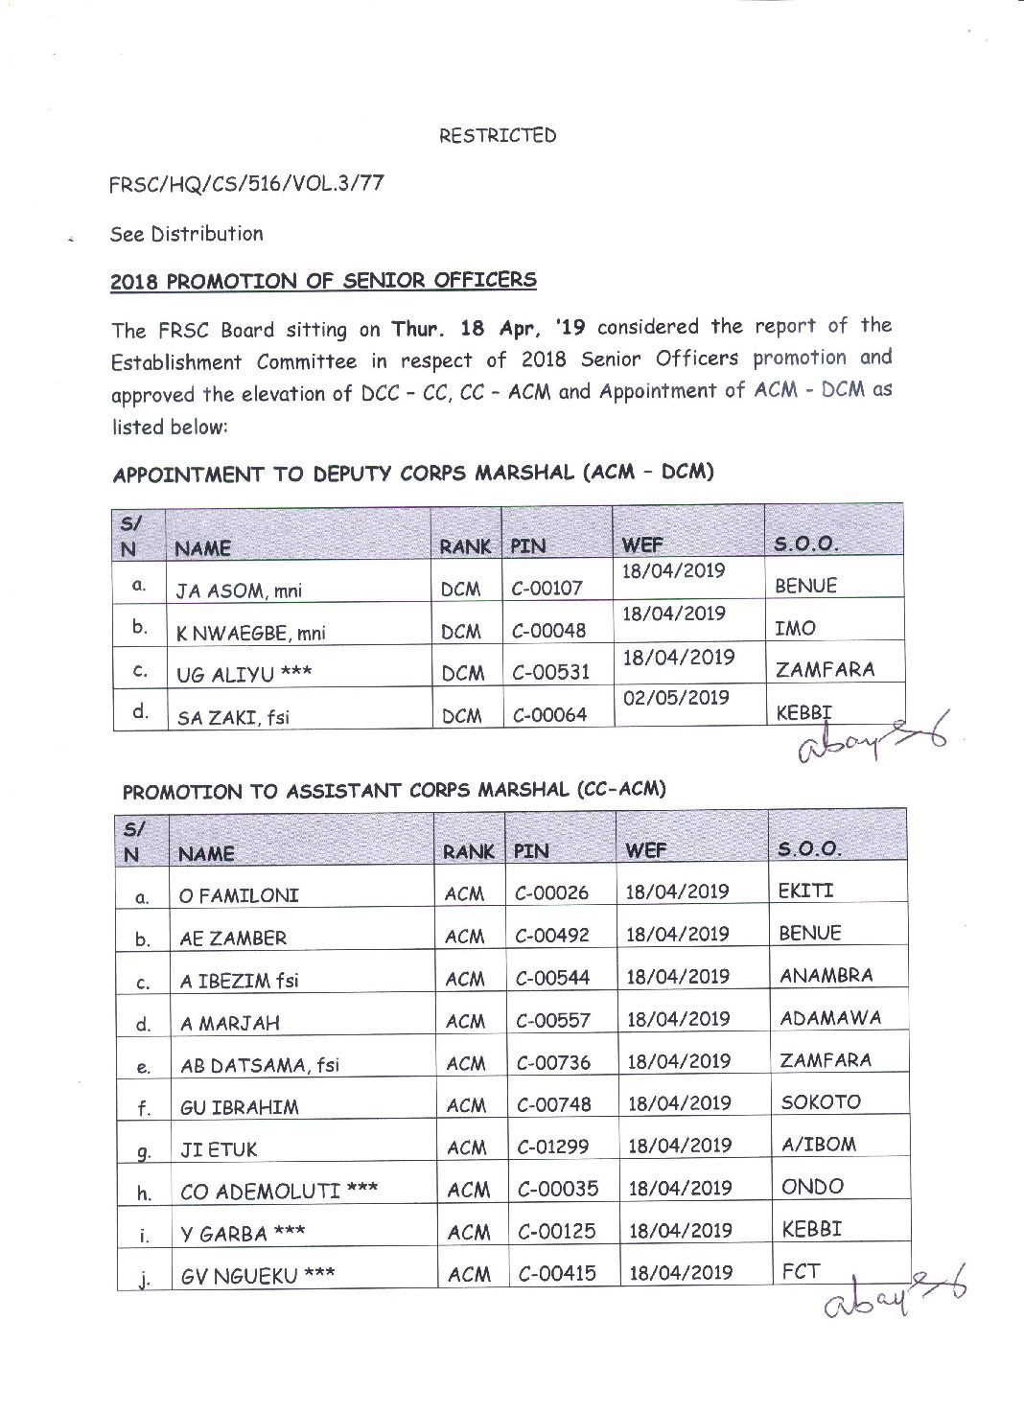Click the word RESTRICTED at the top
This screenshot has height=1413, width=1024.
pos(497,135)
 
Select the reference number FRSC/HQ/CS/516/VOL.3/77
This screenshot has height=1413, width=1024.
pos(247,183)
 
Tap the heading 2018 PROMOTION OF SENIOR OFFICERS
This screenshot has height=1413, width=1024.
pos(323,281)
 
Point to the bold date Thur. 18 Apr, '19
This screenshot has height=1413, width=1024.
pos(488,328)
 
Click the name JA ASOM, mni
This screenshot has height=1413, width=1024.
pos(239,591)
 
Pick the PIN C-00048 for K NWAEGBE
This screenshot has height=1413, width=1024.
pos(548,631)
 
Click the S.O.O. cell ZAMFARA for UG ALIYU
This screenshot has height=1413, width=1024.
pos(825,669)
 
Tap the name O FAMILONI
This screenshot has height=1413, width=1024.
pos(239,896)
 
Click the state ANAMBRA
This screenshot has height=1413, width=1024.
pos(826,976)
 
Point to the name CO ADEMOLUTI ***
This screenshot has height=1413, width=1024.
pos(278,1192)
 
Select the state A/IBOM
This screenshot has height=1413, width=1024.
pos(819,1144)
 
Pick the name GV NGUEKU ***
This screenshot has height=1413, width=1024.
pos(258,1276)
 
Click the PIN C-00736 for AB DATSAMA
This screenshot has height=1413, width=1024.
pos(553,1062)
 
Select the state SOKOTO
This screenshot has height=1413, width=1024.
pos(821,1102)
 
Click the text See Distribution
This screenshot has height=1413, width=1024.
pos(186,234)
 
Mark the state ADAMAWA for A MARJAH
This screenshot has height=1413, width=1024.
pos(830,1018)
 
